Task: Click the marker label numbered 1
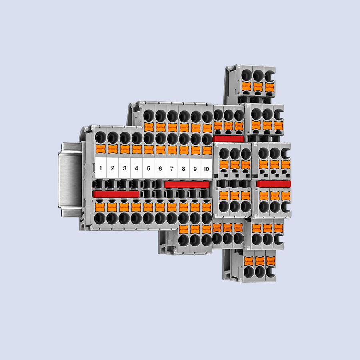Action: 100,168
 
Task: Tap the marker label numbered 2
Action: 112,168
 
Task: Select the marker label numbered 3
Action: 124,168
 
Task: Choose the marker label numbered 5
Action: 148,168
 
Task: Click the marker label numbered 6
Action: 160,168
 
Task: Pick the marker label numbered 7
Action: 172,168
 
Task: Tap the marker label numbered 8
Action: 184,168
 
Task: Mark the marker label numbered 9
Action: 195,168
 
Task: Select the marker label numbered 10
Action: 206,168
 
